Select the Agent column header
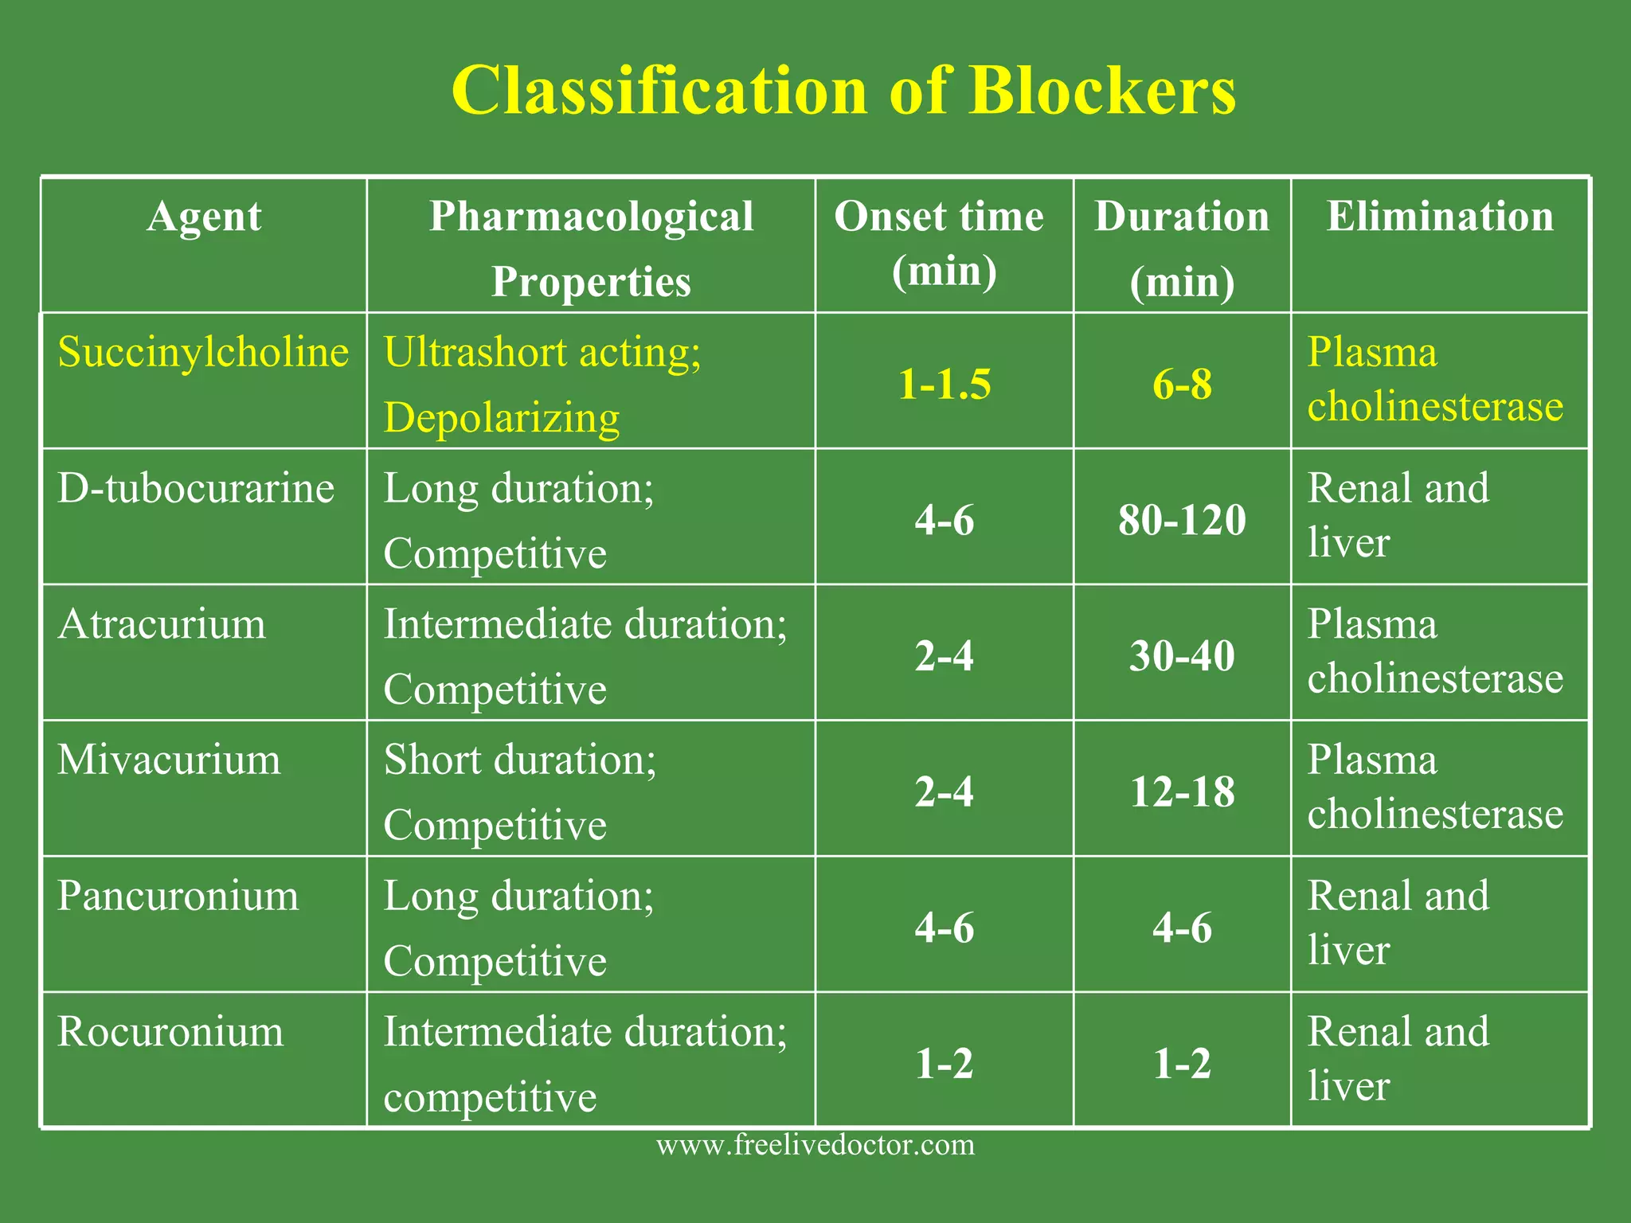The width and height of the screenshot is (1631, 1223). pos(204,217)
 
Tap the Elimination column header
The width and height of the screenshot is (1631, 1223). pos(1439,217)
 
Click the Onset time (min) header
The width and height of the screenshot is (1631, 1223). pos(939,243)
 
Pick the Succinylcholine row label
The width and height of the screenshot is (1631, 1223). pos(203,352)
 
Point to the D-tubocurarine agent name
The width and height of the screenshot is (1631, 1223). pos(196,488)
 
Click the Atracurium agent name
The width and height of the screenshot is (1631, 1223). pos(162,624)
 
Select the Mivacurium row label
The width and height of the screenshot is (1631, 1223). pos(169,760)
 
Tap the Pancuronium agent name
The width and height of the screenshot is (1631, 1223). pos(178,897)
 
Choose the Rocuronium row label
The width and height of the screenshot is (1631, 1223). pos(170,1032)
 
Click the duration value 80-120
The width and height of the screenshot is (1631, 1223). pos(1182,521)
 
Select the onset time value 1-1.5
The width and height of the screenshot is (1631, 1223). pos(945,385)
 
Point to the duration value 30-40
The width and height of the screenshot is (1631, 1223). pos(1182,657)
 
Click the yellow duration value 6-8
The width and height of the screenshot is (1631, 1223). pos(1182,385)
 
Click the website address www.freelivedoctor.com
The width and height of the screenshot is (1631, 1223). pos(815,1145)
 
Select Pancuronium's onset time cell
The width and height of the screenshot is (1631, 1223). pos(945,928)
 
